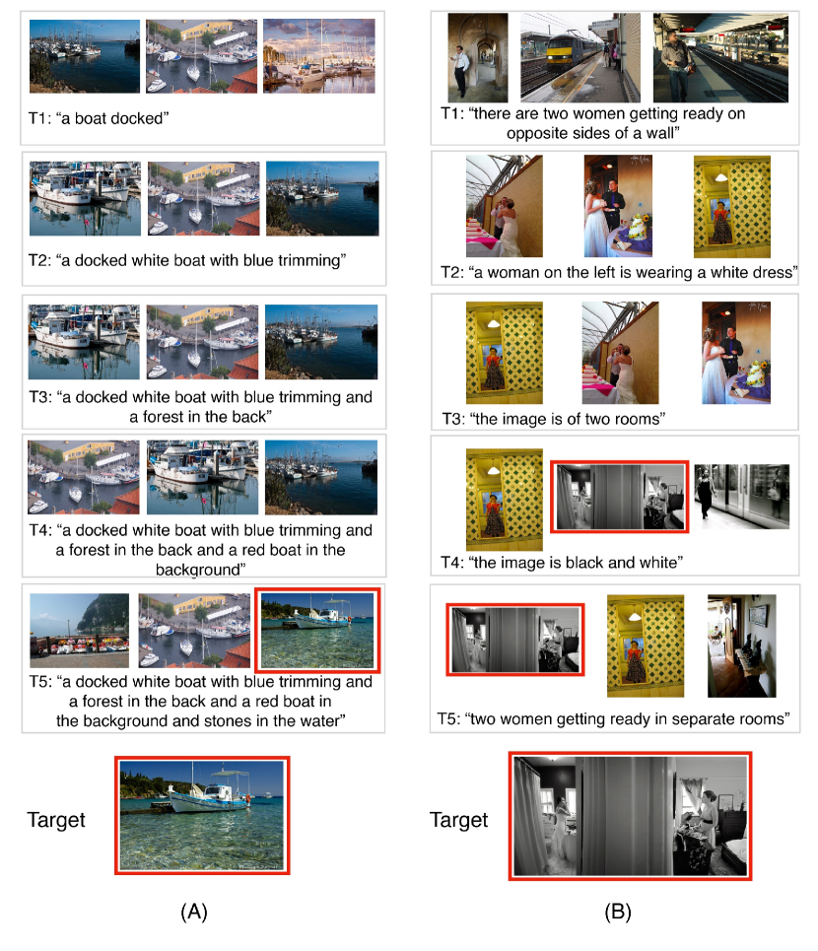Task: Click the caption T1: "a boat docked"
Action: [99, 118]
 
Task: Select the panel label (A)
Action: [194, 911]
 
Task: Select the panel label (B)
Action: [618, 911]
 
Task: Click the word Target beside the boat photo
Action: [56, 819]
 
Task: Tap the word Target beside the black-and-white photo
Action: [458, 819]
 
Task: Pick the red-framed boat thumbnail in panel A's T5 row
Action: [317, 630]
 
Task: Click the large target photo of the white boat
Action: [202, 815]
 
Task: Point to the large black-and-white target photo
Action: [630, 815]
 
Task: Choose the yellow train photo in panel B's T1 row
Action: [580, 57]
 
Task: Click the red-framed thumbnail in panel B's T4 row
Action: [619, 497]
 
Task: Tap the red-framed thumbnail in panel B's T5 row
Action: [514, 640]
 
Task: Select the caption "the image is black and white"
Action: [562, 563]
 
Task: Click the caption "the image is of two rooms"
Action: [553, 419]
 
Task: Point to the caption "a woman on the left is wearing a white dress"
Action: [619, 272]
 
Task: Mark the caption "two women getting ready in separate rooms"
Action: [614, 718]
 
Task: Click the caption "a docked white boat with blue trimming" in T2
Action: [187, 260]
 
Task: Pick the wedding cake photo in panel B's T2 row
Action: [618, 206]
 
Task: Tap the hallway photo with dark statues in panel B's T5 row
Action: [741, 645]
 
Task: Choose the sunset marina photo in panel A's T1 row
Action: [319, 56]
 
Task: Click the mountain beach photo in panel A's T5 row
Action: [80, 630]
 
